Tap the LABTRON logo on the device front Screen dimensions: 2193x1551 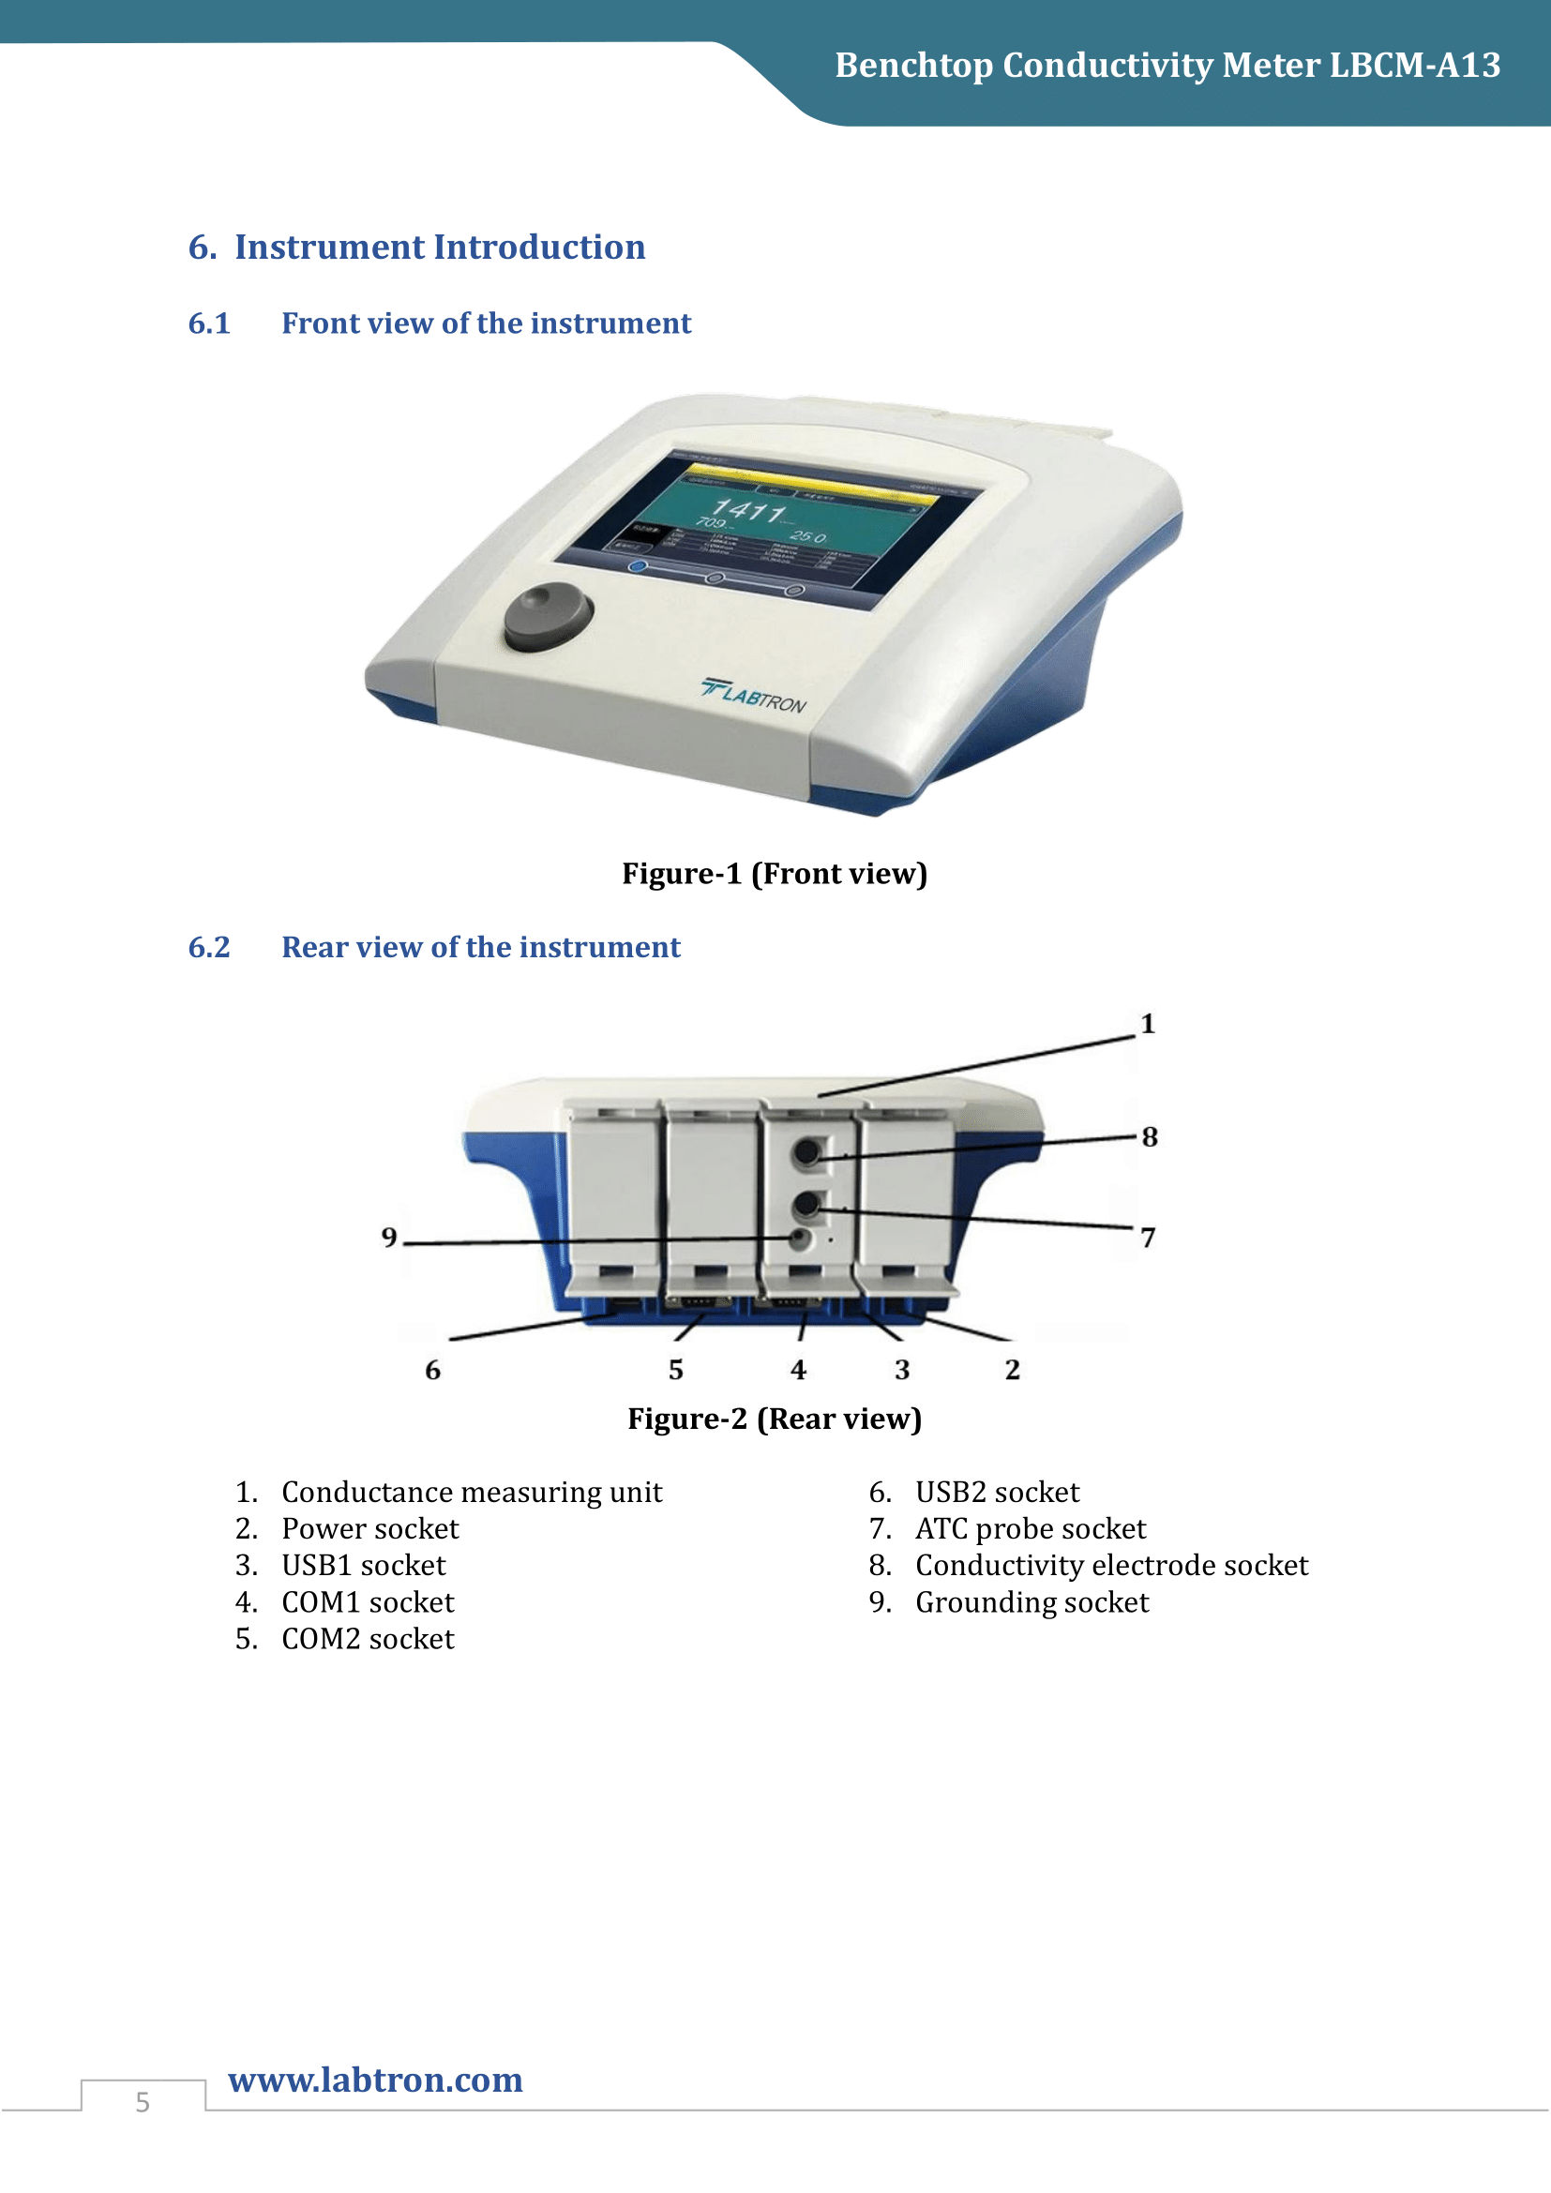(754, 696)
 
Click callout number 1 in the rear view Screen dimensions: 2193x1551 (1147, 1024)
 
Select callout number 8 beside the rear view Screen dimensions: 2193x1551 (1149, 1136)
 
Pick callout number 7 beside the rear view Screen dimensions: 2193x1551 (1148, 1238)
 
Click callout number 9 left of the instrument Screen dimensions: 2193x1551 (389, 1237)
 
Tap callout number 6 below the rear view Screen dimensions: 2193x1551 (432, 1370)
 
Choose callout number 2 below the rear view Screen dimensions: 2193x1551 (1013, 1370)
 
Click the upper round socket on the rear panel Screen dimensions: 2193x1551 (808, 1151)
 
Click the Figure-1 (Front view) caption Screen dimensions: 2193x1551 (775, 873)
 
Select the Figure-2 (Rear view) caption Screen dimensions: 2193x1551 (775, 1419)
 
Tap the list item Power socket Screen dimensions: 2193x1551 (369, 1528)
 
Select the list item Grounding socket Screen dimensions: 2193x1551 (1031, 1601)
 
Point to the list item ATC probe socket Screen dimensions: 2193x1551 (1030, 1528)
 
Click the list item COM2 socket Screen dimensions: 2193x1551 (368, 1638)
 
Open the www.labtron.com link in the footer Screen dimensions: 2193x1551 (375, 2080)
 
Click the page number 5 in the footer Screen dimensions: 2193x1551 (143, 2102)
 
